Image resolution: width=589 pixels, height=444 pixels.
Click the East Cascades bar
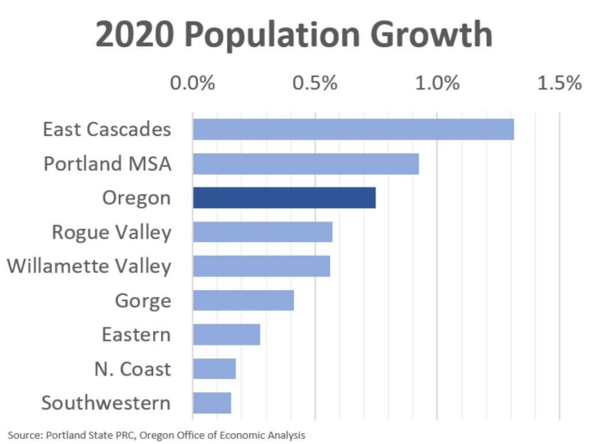(x=353, y=129)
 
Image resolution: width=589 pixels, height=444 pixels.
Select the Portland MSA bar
(x=305, y=164)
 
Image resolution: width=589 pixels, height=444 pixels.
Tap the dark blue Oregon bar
(x=284, y=198)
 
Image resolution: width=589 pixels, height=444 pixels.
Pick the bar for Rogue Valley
(x=262, y=232)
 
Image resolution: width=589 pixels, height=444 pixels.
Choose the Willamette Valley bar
(x=261, y=266)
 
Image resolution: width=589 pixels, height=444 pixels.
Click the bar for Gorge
(x=243, y=300)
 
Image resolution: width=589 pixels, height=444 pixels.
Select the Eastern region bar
(x=226, y=334)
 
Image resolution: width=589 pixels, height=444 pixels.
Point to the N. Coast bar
(x=214, y=369)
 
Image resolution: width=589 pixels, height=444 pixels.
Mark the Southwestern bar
(x=212, y=403)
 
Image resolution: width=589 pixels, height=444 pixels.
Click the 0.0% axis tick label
(x=192, y=83)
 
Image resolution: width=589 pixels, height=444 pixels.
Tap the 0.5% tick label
(x=315, y=83)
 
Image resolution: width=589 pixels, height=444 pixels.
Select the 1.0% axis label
(x=437, y=83)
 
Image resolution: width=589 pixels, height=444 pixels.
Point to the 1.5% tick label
(x=559, y=83)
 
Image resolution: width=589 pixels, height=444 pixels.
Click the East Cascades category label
(x=107, y=129)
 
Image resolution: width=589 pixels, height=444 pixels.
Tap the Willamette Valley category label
(x=89, y=266)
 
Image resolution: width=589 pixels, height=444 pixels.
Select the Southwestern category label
(x=106, y=403)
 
